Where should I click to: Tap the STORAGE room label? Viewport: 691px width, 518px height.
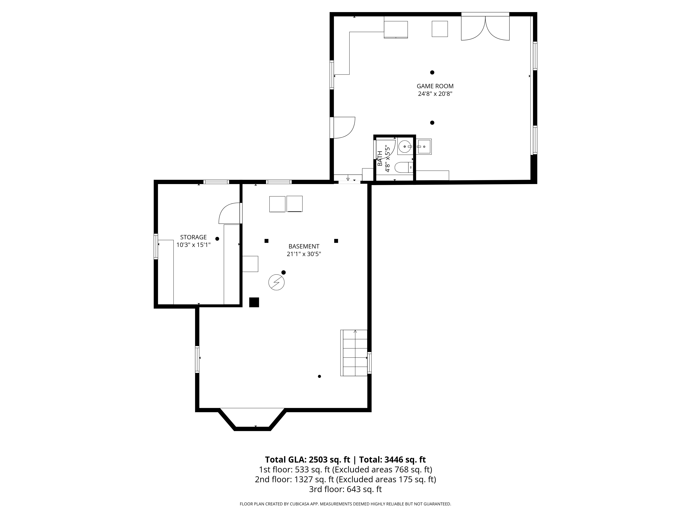(193, 237)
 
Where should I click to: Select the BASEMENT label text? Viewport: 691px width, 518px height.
(304, 246)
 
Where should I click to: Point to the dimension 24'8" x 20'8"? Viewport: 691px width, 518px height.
(435, 94)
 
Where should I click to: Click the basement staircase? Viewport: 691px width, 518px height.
(354, 353)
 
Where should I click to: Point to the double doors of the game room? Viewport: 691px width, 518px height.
(485, 28)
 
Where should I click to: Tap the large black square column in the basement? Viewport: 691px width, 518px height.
(254, 302)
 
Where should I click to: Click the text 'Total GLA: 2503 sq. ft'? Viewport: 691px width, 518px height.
(308, 460)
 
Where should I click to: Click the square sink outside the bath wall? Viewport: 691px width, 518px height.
(424, 146)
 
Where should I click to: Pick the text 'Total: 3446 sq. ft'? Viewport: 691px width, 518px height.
(392, 460)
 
